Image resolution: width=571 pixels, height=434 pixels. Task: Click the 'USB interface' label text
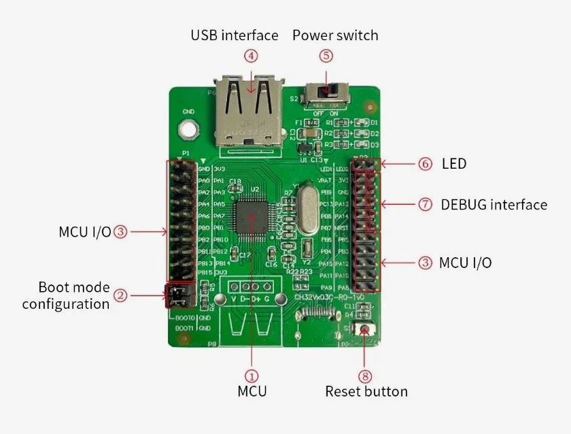click(234, 35)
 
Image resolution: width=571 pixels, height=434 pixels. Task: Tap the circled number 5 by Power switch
click(326, 56)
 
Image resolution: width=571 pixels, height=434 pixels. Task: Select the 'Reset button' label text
click(366, 391)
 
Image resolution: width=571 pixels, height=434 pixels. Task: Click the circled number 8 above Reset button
click(366, 375)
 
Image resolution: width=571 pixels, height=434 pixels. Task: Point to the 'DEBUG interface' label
click(494, 204)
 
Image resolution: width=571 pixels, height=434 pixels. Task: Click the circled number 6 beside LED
click(426, 164)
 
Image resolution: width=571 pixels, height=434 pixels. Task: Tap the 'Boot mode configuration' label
click(66, 295)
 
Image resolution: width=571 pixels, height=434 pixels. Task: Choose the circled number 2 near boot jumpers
click(120, 295)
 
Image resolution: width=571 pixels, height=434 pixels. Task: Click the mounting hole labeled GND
click(188, 127)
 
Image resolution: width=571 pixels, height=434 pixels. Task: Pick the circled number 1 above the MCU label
click(252, 375)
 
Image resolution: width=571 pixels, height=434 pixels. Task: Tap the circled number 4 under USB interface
click(252, 56)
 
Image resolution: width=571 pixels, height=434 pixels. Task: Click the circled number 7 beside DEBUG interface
click(426, 204)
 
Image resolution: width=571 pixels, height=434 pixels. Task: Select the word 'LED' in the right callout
click(453, 164)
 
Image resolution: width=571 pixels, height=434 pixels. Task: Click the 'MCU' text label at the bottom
click(252, 391)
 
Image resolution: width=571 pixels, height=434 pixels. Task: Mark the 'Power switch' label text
click(335, 35)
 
